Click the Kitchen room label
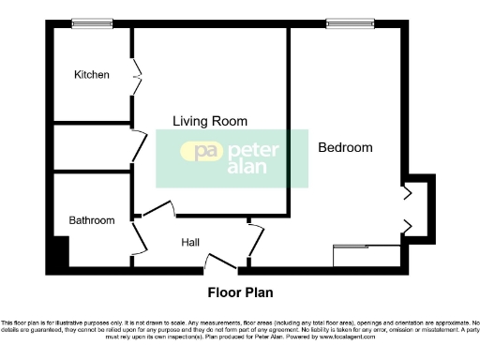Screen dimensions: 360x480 92,75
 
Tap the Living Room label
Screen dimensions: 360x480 209,121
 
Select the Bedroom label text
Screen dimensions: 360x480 345,147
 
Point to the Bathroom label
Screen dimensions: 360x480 92,220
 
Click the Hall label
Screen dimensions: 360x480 190,243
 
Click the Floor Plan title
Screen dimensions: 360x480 240,292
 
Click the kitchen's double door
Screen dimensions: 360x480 138,71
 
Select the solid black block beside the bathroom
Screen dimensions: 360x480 59,252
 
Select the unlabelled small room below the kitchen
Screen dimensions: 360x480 91,147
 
